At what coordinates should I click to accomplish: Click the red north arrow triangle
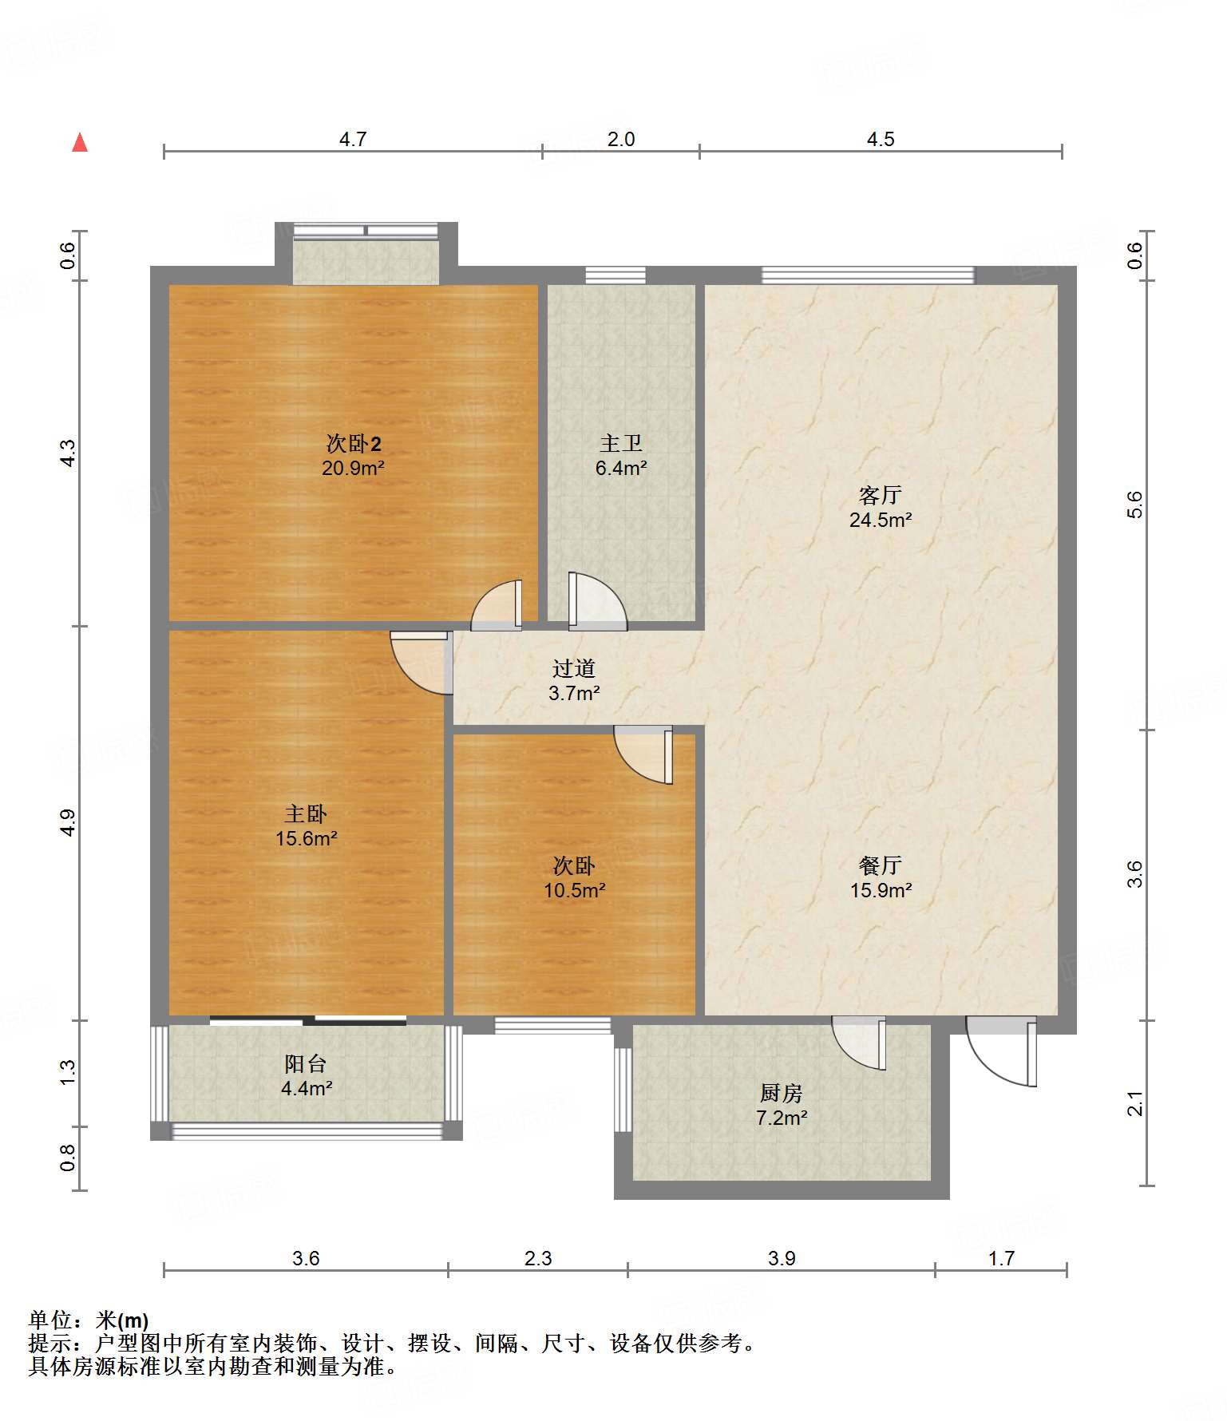80,142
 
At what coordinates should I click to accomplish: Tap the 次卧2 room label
354,443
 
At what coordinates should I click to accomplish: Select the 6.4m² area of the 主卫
621,469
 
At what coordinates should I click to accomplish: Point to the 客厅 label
881,495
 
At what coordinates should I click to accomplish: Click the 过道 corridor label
574,668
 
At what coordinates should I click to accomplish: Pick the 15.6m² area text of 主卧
307,839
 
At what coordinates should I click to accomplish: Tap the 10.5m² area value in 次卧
575,891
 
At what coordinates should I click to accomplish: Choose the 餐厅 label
881,865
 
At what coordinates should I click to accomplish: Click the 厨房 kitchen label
782,1093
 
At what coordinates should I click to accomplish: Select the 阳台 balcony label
306,1063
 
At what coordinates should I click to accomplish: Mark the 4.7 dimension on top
353,140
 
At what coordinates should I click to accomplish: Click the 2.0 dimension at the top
621,140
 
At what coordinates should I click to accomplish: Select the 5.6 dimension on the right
1135,505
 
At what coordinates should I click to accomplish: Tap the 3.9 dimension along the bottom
782,1259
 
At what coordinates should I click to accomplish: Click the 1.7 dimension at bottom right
1001,1259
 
